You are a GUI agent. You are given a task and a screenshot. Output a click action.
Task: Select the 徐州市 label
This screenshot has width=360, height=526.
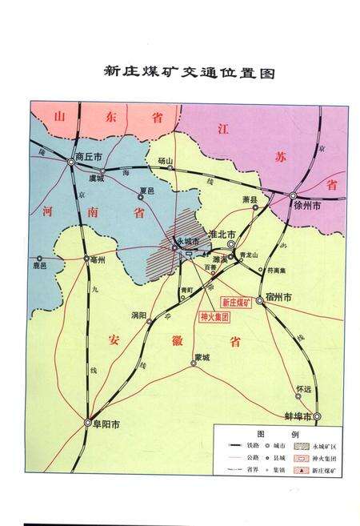(x=307, y=206)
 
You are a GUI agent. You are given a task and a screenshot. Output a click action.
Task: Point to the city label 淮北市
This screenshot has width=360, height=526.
(x=221, y=233)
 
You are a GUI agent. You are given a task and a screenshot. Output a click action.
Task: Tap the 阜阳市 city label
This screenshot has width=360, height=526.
(x=102, y=427)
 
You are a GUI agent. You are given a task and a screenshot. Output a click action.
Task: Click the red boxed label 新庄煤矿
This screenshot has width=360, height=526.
(x=236, y=303)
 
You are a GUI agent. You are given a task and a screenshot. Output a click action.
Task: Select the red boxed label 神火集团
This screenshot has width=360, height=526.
(x=215, y=317)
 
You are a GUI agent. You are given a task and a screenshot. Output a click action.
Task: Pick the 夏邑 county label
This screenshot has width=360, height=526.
(x=146, y=191)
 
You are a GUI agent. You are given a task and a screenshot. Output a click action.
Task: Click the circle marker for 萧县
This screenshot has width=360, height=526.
(x=256, y=207)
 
